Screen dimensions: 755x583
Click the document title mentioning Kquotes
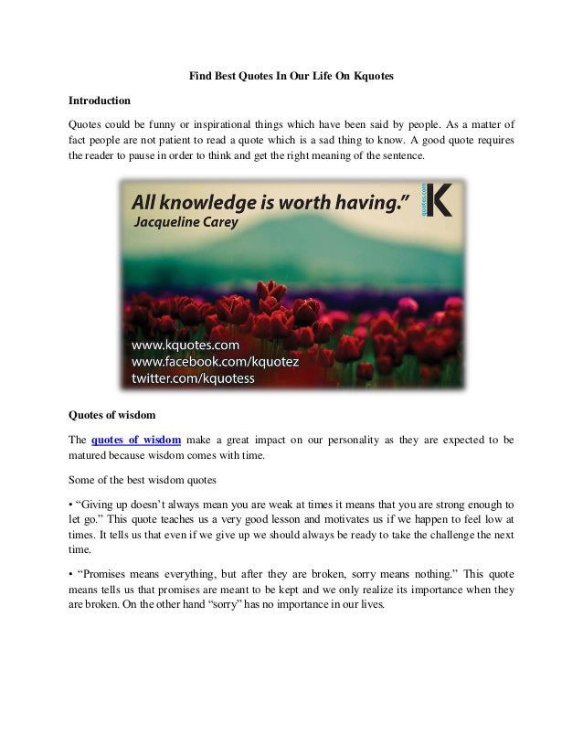(x=291, y=78)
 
